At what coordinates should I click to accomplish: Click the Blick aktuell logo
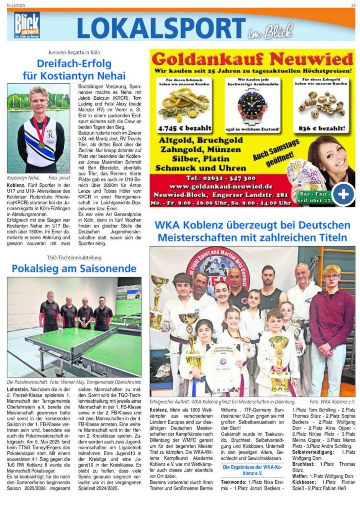pyautogui.click(x=27, y=25)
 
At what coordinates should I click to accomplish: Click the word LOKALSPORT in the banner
pyautogui.click(x=161, y=28)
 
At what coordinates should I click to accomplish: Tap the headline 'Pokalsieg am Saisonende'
pyautogui.click(x=74, y=268)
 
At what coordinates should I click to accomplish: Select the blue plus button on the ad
pyautogui.click(x=343, y=194)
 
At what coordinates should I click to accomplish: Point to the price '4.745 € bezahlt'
pyautogui.click(x=185, y=128)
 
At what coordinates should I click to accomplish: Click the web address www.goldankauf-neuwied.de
pyautogui.click(x=221, y=186)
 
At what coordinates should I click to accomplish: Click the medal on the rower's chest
pyautogui.click(x=41, y=144)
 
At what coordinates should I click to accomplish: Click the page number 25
pyautogui.click(x=353, y=5)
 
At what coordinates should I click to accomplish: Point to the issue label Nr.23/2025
pyautogui.click(x=16, y=5)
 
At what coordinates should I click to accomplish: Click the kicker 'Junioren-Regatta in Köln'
pyautogui.click(x=74, y=52)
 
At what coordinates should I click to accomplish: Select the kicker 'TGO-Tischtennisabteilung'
pyautogui.click(x=74, y=257)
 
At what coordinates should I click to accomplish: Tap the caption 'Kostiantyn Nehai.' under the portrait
pyautogui.click(x=23, y=178)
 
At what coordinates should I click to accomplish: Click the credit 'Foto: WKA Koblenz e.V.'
pyautogui.click(x=332, y=402)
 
